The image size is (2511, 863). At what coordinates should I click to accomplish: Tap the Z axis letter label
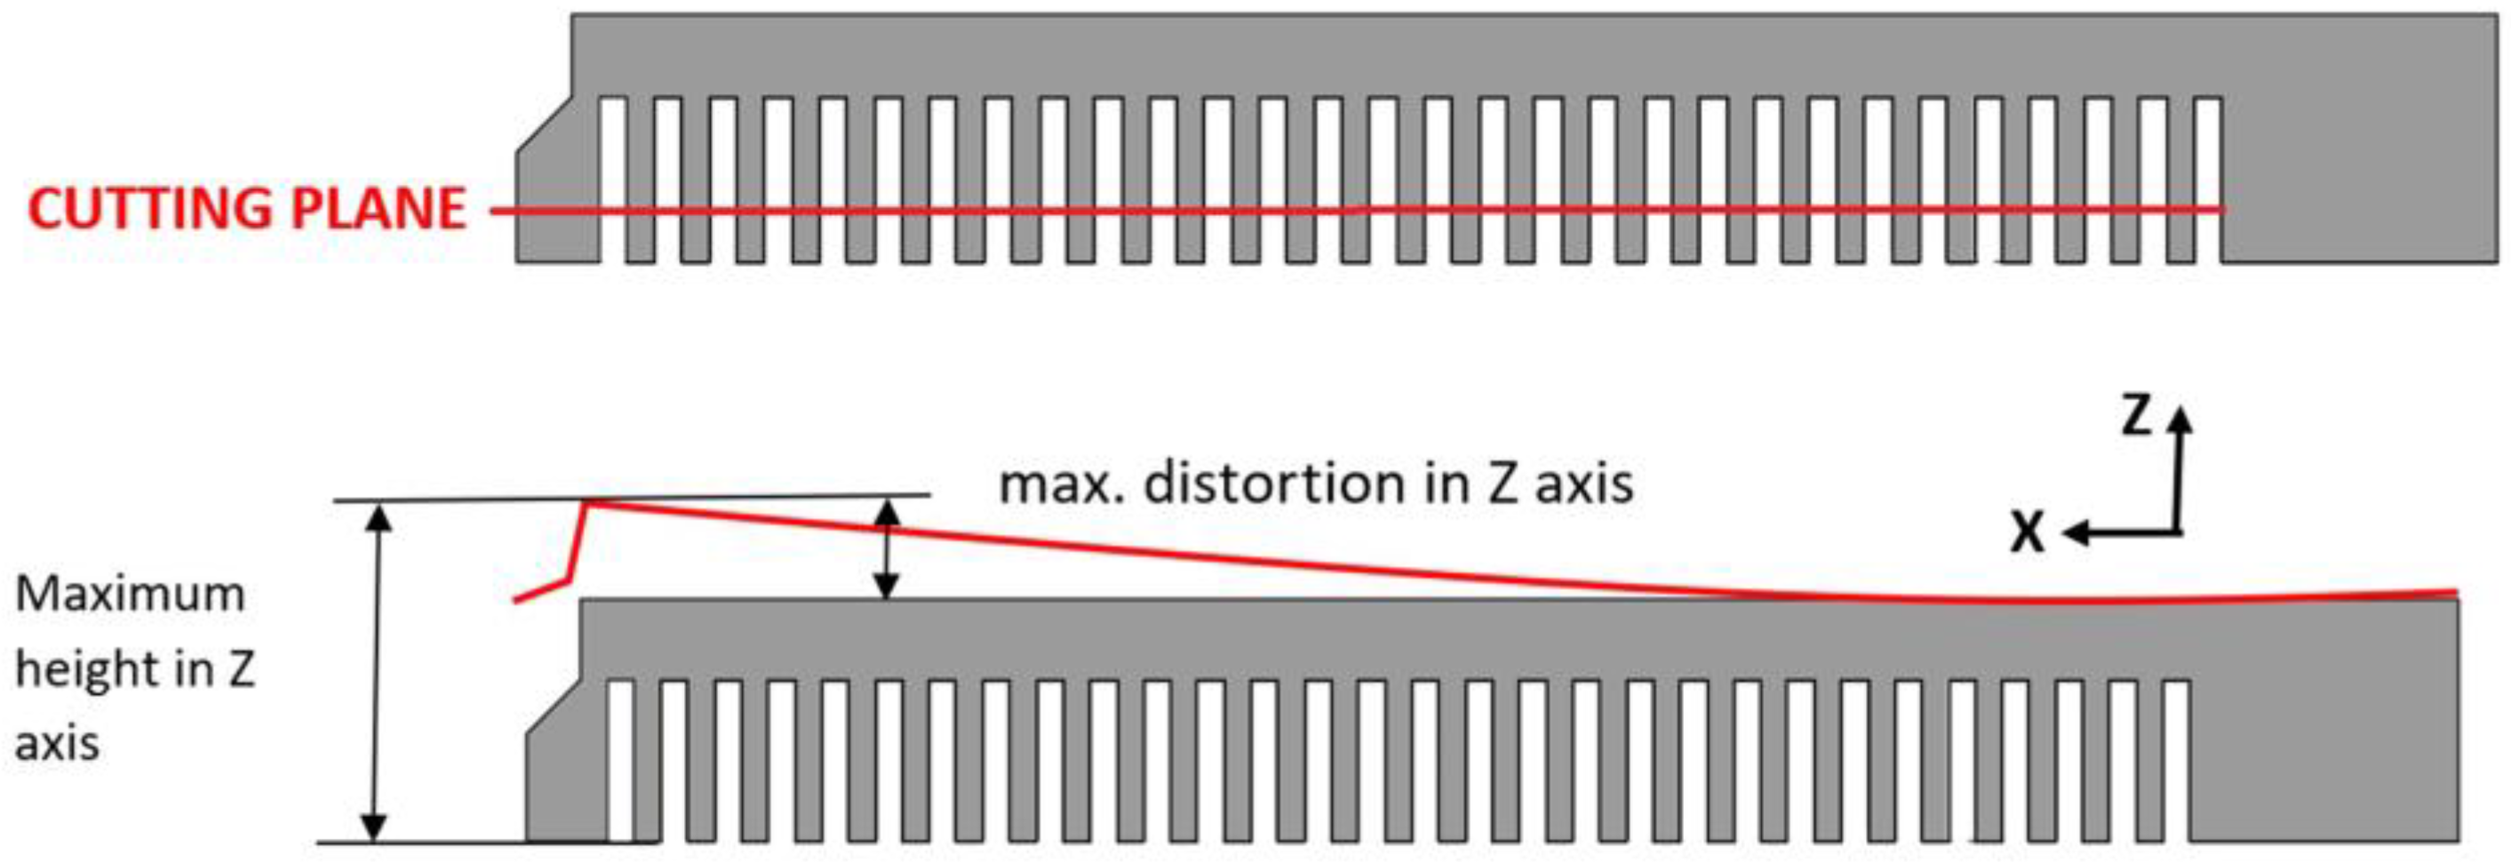click(x=2136, y=415)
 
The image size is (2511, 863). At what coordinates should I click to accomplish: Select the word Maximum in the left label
click(x=130, y=594)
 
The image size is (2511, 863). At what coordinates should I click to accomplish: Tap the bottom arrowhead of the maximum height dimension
click(x=374, y=827)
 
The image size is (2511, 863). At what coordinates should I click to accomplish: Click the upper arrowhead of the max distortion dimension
click(x=885, y=514)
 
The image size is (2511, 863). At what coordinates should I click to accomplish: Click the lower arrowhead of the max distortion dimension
click(x=885, y=586)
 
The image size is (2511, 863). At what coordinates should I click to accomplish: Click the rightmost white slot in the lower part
click(x=2177, y=761)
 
